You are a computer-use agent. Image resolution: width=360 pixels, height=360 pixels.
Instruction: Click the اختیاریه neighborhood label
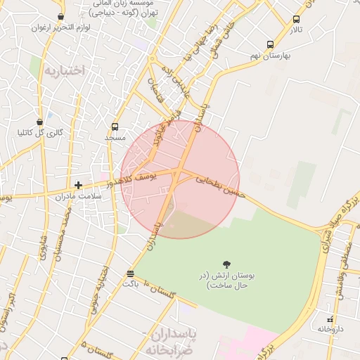click(x=63, y=70)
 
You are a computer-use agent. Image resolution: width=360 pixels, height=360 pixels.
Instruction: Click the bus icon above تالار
click(x=296, y=19)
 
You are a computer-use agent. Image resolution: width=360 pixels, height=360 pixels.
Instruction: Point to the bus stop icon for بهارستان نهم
click(x=271, y=43)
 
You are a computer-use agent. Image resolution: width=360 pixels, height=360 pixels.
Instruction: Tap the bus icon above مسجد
click(x=115, y=127)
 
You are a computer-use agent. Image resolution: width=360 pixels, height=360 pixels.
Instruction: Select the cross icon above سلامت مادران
click(x=78, y=185)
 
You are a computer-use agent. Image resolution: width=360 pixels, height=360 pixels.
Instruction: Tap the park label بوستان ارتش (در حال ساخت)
click(x=226, y=280)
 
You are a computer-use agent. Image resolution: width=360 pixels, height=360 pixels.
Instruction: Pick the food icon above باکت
click(x=130, y=273)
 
